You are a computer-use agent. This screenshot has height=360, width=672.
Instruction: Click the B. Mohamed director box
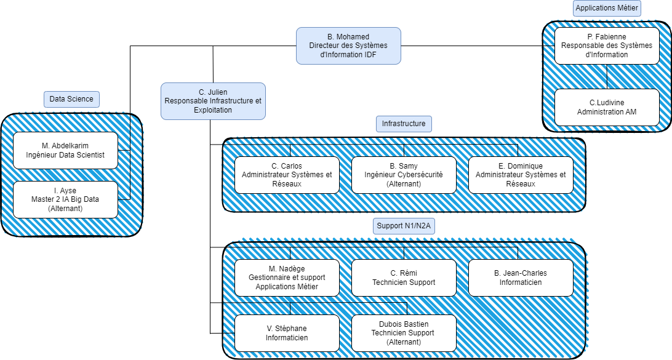pyautogui.click(x=348, y=46)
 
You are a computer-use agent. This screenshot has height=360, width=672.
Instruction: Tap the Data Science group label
pyautogui.click(x=71, y=98)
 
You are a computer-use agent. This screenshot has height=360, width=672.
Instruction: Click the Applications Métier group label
pyautogui.click(x=607, y=8)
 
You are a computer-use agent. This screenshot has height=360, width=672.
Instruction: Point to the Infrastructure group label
pyautogui.click(x=403, y=124)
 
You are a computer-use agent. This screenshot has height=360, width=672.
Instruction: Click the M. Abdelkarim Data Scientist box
pyautogui.click(x=65, y=150)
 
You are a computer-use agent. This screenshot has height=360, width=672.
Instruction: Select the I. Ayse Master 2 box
pyautogui.click(x=65, y=199)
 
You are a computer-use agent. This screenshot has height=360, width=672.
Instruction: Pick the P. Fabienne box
pyautogui.click(x=607, y=46)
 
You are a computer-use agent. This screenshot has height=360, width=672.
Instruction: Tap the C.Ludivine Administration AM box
pyautogui.click(x=607, y=107)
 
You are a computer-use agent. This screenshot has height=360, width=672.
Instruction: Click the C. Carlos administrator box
pyautogui.click(x=287, y=175)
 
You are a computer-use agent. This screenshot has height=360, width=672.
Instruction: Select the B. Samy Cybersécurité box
pyautogui.click(x=404, y=175)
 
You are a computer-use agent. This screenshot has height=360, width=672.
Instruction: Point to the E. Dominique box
pyautogui.click(x=521, y=175)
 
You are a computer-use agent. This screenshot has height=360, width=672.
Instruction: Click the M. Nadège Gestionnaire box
pyautogui.click(x=287, y=278)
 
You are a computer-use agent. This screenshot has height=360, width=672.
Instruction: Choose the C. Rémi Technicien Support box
pyautogui.click(x=404, y=278)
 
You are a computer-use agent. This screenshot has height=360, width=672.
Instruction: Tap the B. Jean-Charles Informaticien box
pyautogui.click(x=521, y=278)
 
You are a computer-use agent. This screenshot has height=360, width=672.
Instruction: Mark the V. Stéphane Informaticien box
pyautogui.click(x=287, y=333)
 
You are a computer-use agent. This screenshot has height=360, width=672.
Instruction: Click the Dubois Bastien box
pyautogui.click(x=404, y=333)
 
